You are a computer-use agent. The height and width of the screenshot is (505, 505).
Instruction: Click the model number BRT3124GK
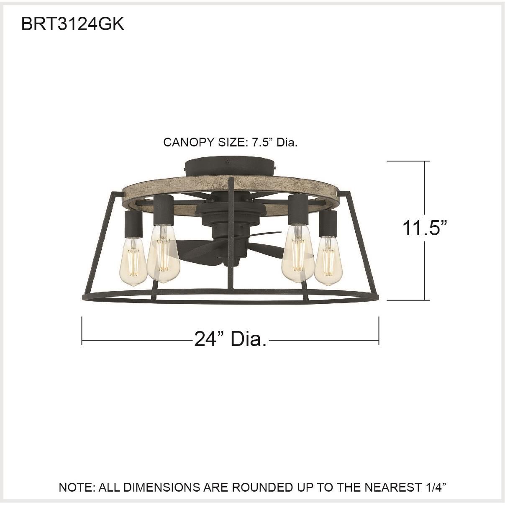(x=73, y=24)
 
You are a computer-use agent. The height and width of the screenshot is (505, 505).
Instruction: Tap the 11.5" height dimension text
(x=425, y=228)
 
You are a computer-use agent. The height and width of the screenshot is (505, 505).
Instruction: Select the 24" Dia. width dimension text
(x=230, y=339)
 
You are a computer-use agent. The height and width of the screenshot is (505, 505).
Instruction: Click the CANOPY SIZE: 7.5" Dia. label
(x=230, y=143)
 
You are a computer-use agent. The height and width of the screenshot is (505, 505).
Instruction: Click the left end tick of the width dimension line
(x=82, y=331)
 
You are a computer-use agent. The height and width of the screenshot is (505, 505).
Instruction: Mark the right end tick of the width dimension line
(x=379, y=331)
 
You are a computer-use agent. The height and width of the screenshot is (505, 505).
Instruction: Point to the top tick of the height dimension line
(x=408, y=161)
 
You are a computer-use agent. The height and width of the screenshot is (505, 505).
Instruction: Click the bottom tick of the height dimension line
(x=408, y=300)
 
